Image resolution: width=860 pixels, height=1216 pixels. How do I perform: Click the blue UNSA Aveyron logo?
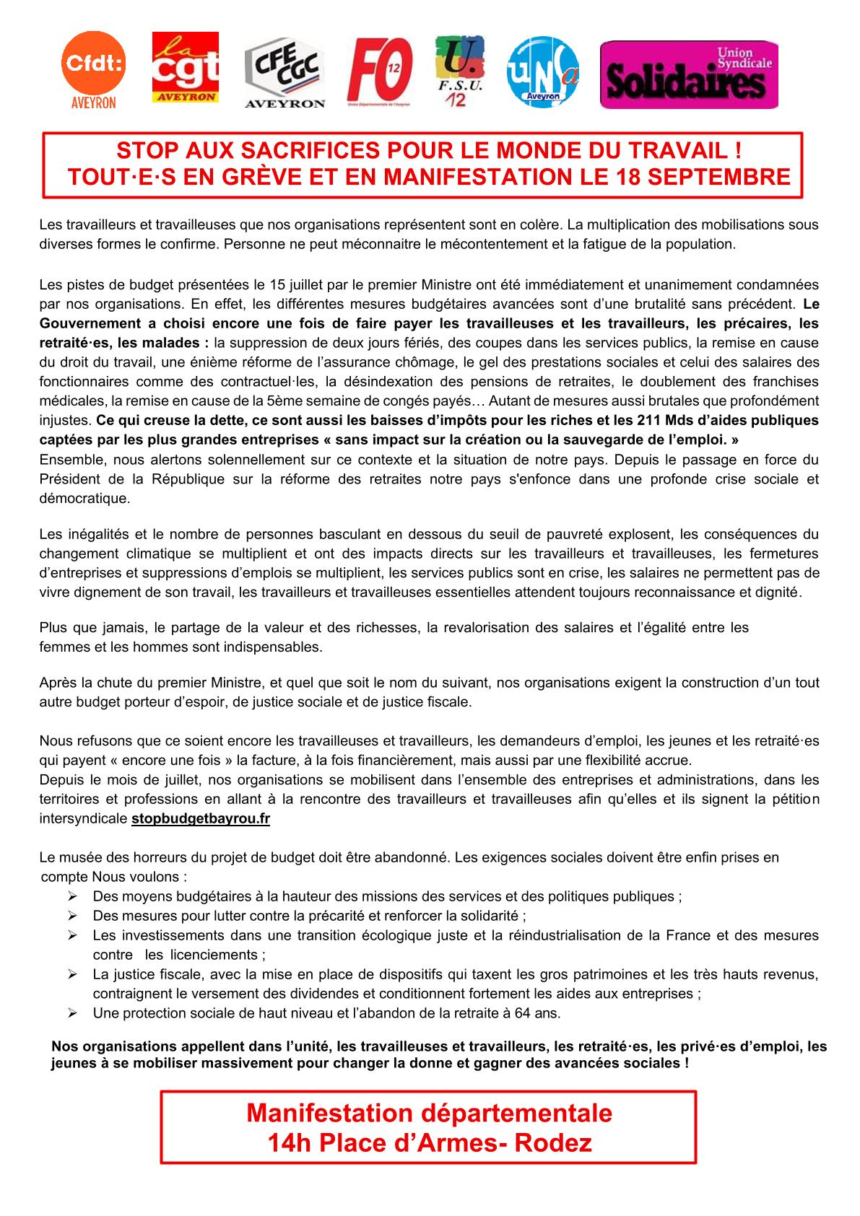[543, 72]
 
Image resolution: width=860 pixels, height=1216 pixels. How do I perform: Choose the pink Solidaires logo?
[689, 74]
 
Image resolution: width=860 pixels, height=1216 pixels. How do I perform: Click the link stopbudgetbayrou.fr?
[201, 819]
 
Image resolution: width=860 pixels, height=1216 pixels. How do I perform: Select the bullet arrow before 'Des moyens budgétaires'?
[72, 896]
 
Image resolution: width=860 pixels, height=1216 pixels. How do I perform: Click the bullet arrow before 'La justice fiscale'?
[72, 974]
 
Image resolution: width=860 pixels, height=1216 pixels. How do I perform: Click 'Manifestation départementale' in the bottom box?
[429, 1113]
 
